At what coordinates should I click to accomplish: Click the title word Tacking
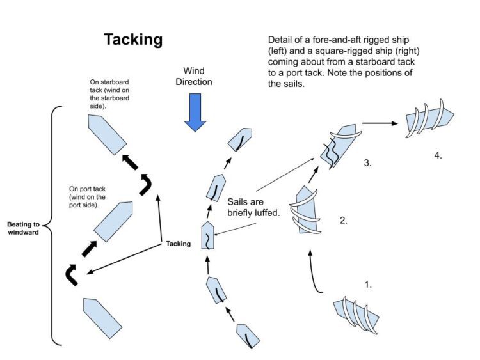point(133,40)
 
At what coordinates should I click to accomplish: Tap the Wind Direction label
point(198,76)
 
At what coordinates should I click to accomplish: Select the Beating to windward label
point(24,229)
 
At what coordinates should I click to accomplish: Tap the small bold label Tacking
point(179,244)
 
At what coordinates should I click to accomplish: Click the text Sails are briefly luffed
point(254,207)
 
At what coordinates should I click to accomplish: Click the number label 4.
point(437,155)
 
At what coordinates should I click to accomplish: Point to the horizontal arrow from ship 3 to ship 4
point(381,123)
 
